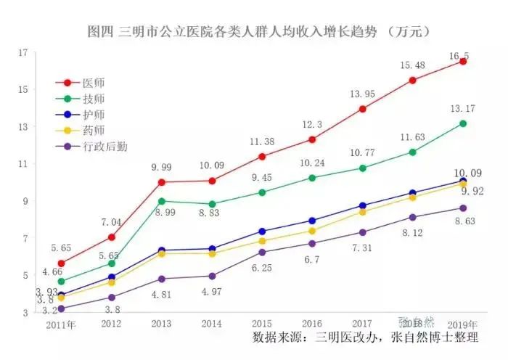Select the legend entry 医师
click(x=94, y=83)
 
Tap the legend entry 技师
click(x=94, y=99)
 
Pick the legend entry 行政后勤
click(x=105, y=147)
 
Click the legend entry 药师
click(x=94, y=131)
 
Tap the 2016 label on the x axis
click(x=311, y=323)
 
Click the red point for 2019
click(x=463, y=62)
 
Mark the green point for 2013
click(x=161, y=201)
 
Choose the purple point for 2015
click(x=262, y=252)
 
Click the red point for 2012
click(x=111, y=237)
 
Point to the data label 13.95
click(x=362, y=94)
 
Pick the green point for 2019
click(x=463, y=123)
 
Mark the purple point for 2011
click(x=61, y=308)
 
